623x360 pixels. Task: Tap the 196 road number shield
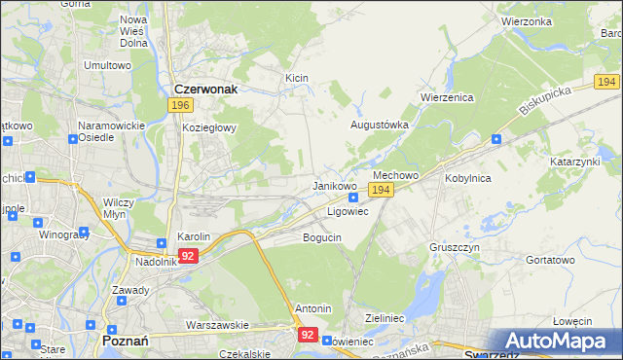click(x=179, y=105)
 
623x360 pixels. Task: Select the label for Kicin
click(x=296, y=77)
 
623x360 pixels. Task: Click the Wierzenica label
click(x=446, y=97)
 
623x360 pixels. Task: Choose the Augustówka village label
click(x=380, y=126)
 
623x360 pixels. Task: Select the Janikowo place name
click(x=334, y=185)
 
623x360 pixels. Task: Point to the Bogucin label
click(x=322, y=237)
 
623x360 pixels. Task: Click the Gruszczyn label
click(x=454, y=247)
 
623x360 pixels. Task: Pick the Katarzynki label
click(x=575, y=161)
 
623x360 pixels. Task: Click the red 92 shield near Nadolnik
click(x=188, y=256)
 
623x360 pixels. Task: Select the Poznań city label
click(x=125, y=341)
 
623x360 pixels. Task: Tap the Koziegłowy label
click(x=204, y=126)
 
